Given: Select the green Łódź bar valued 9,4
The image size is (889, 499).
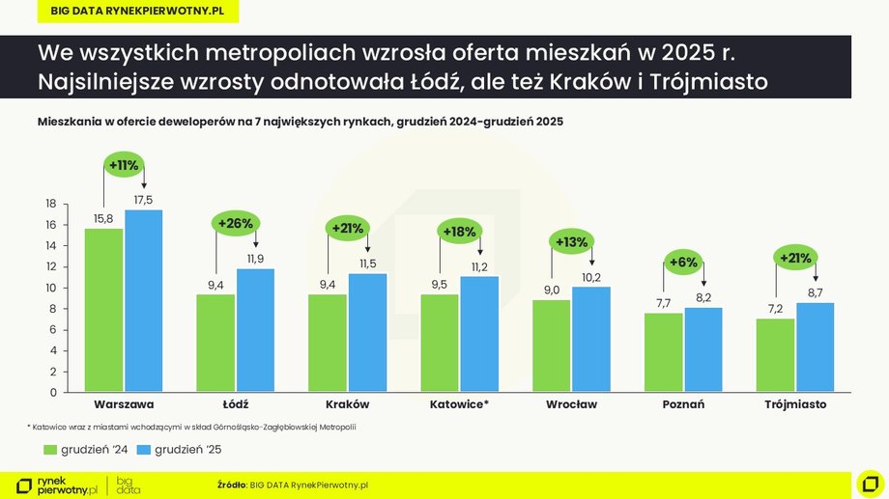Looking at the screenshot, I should click(x=215, y=344).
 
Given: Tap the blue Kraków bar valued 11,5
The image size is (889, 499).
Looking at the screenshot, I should click(x=367, y=333).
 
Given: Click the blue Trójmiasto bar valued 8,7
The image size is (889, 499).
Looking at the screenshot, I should click(x=816, y=347).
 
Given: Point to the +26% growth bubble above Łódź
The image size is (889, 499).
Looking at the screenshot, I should click(x=236, y=224).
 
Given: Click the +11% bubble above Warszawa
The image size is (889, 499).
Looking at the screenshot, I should click(x=124, y=165).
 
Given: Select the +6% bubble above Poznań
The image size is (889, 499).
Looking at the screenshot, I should click(x=684, y=263).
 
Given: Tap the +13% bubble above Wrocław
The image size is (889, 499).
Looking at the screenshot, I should click(x=571, y=242).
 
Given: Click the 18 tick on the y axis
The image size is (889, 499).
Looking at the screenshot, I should click(x=51, y=204).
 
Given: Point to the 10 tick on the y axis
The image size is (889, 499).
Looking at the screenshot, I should click(x=51, y=288).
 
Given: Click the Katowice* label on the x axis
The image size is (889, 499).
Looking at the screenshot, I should click(x=459, y=404).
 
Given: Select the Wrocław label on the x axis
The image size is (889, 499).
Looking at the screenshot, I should click(x=571, y=404).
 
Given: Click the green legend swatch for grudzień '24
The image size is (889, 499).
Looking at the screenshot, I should click(x=50, y=450).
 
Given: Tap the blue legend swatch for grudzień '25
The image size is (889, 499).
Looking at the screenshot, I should click(x=144, y=450).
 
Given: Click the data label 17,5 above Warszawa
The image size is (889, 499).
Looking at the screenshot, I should click(x=144, y=200).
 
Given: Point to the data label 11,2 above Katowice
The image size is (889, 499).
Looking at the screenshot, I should click(x=480, y=266).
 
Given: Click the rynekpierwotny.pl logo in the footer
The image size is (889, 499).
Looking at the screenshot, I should click(x=58, y=484).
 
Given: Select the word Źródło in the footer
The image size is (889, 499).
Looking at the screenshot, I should click(x=232, y=484).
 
